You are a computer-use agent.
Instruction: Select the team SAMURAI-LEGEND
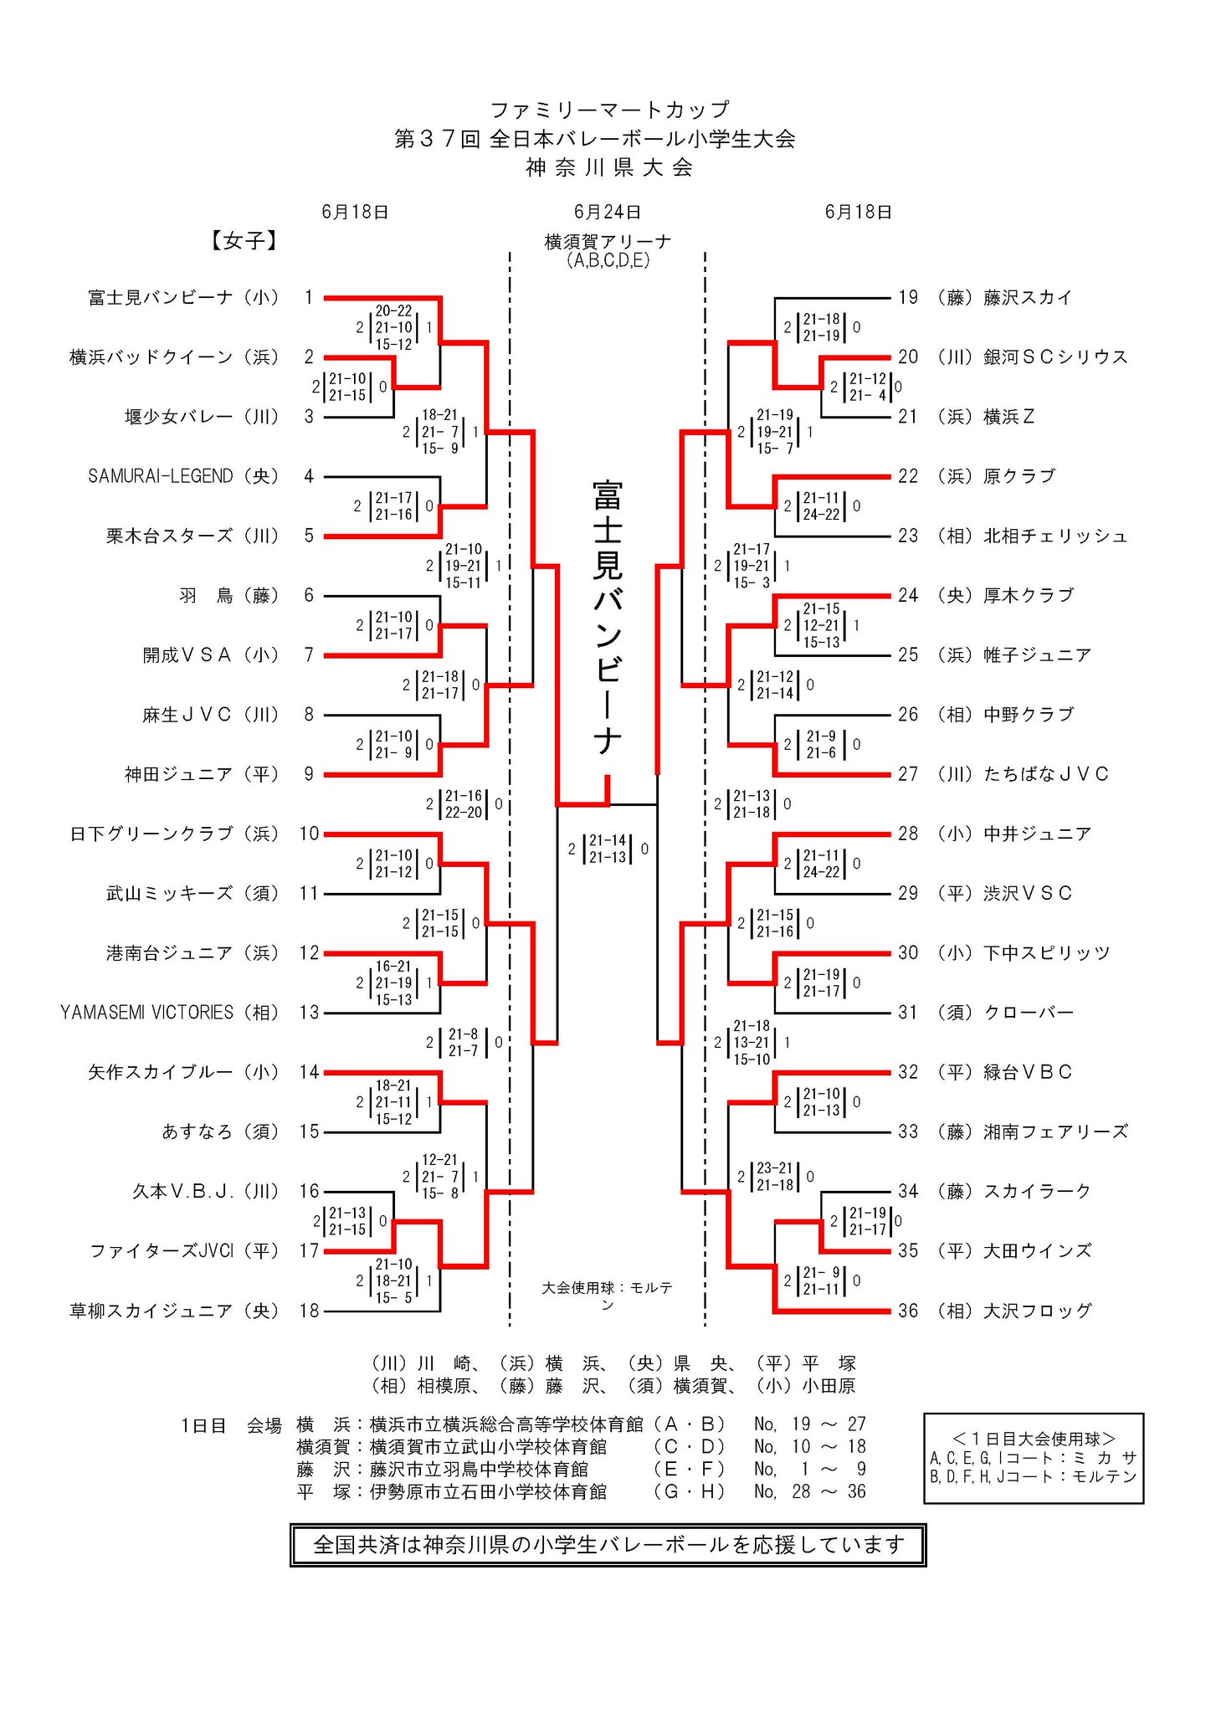click(x=160, y=476)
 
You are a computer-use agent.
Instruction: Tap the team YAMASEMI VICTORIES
click(x=146, y=1013)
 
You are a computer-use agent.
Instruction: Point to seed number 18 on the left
click(x=310, y=1311)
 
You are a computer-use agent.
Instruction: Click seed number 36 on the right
click(x=908, y=1311)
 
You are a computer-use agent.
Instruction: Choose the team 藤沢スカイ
click(x=1028, y=297)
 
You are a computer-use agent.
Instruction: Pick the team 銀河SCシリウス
click(x=1055, y=357)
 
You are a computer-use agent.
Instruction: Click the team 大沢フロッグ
click(x=1037, y=1311)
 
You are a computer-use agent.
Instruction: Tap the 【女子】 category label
click(x=243, y=241)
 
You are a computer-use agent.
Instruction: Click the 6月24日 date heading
click(x=608, y=212)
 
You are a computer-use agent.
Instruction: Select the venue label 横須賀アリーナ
click(x=608, y=242)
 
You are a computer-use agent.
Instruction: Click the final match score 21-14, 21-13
click(x=608, y=849)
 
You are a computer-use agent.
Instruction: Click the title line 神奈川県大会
click(x=608, y=167)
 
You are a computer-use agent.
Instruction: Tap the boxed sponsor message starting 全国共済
click(x=608, y=1544)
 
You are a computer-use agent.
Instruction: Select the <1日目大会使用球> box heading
click(x=1034, y=1438)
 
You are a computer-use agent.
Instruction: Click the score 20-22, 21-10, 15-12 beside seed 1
click(x=393, y=327)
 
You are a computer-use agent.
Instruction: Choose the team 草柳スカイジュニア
click(x=151, y=1311)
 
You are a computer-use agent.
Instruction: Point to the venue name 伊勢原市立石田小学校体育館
click(x=488, y=1491)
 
